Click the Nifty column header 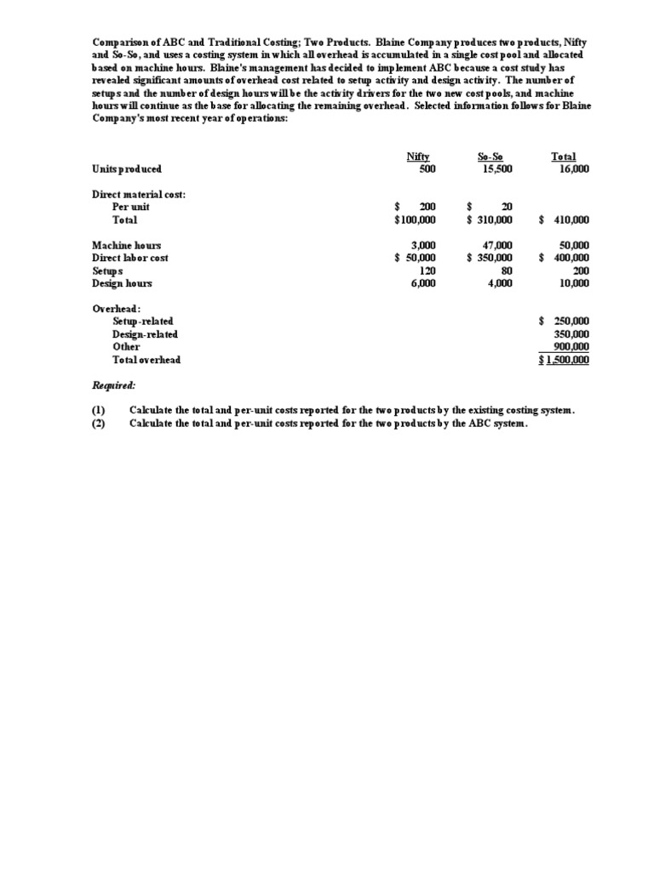(x=417, y=157)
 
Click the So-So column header (x=490, y=157)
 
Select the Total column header (x=564, y=157)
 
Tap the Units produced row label (x=127, y=169)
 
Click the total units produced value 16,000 (x=573, y=169)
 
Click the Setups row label (x=107, y=271)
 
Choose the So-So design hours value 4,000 (x=499, y=284)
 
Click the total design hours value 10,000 (x=573, y=284)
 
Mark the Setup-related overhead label (x=143, y=322)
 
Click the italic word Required (x=114, y=385)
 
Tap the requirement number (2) (x=98, y=424)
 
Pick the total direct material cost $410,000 (x=565, y=220)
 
